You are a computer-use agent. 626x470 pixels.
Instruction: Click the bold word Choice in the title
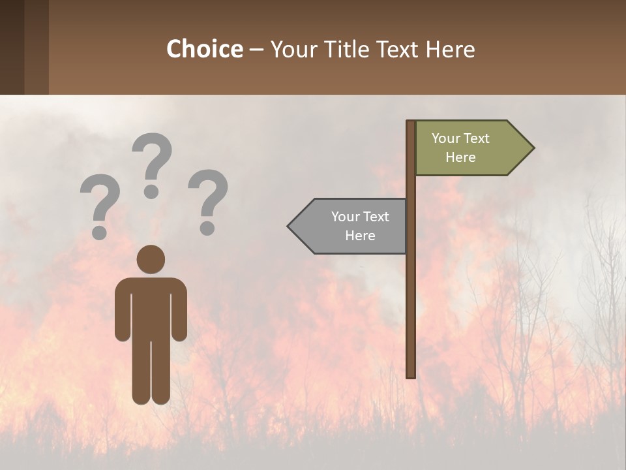[x=204, y=50]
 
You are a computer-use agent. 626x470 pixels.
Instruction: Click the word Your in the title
[x=293, y=50]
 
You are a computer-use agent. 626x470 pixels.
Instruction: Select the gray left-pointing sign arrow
[x=352, y=226]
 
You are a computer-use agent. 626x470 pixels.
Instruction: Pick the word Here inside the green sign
[x=460, y=157]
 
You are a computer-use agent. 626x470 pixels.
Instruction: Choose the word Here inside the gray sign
[x=360, y=236]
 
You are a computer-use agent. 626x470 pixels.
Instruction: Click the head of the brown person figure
[x=151, y=260]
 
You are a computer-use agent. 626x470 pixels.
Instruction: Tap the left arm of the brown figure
[x=123, y=310]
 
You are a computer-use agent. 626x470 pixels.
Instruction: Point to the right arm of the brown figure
[x=179, y=310]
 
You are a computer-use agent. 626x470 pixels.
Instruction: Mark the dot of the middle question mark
[x=151, y=191]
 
